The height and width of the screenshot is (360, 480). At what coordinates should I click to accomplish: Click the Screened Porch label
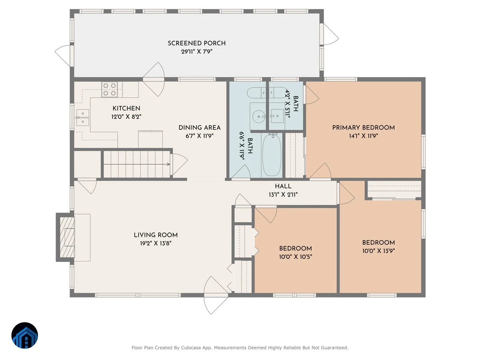pos(196,43)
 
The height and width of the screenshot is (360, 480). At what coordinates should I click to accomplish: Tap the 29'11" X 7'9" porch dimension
pos(196,52)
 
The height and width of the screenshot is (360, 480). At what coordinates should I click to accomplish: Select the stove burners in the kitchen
pos(110,89)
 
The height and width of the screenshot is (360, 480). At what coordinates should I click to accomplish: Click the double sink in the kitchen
pos(83,118)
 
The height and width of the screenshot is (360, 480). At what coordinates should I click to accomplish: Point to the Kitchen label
pos(126,108)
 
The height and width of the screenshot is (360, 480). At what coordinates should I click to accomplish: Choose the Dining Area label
pos(200,128)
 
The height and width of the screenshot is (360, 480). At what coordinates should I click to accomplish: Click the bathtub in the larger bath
pos(272,155)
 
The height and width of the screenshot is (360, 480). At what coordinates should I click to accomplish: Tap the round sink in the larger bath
pos(259,116)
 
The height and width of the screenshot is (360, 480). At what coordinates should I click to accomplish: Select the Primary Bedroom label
pos(364,128)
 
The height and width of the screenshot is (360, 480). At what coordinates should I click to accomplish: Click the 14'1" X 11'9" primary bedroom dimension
pos(364,136)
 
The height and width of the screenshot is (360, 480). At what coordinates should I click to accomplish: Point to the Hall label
pos(283,186)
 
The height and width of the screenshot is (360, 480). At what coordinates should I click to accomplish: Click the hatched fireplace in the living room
pos(67,237)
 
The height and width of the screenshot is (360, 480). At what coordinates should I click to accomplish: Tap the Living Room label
pos(156,235)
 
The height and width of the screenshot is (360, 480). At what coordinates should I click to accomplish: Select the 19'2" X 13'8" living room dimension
pos(156,243)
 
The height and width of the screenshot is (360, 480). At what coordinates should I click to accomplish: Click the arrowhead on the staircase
pos(169,164)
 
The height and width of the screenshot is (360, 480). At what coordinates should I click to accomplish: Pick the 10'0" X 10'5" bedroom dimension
pos(296,256)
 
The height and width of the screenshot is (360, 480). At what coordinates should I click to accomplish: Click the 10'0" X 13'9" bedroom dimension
pos(378,251)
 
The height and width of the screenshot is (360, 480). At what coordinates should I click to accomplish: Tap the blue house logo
pos(25,335)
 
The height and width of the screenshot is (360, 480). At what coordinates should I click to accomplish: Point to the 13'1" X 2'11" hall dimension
pos(283,194)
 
